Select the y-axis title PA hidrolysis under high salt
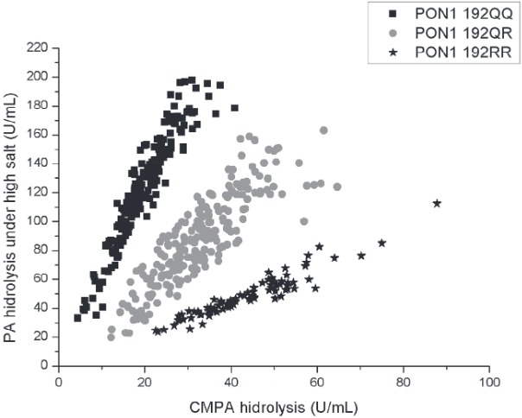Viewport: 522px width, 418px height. point(12,206)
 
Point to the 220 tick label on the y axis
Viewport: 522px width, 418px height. point(36,48)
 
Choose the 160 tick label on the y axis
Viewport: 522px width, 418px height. point(36,135)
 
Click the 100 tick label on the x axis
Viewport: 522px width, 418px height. point(489,380)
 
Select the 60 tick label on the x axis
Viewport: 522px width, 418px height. point(317,380)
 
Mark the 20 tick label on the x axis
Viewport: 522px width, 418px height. point(144,380)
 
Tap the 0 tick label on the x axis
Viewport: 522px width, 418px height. point(58,380)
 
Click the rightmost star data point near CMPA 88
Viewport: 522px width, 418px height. point(437,203)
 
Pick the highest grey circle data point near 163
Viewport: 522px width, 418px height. point(324,130)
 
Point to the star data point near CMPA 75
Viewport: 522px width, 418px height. point(382,243)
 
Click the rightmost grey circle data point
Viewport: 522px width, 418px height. point(337,187)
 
